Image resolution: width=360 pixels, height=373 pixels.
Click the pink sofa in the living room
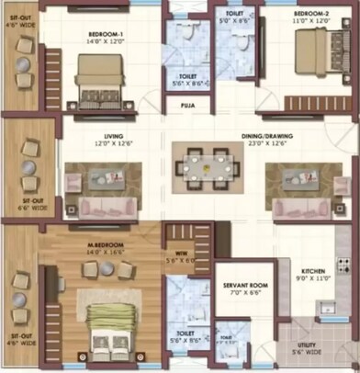pyautogui.click(x=103, y=206)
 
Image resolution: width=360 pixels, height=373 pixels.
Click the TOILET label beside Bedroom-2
pyautogui.click(x=234, y=14)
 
